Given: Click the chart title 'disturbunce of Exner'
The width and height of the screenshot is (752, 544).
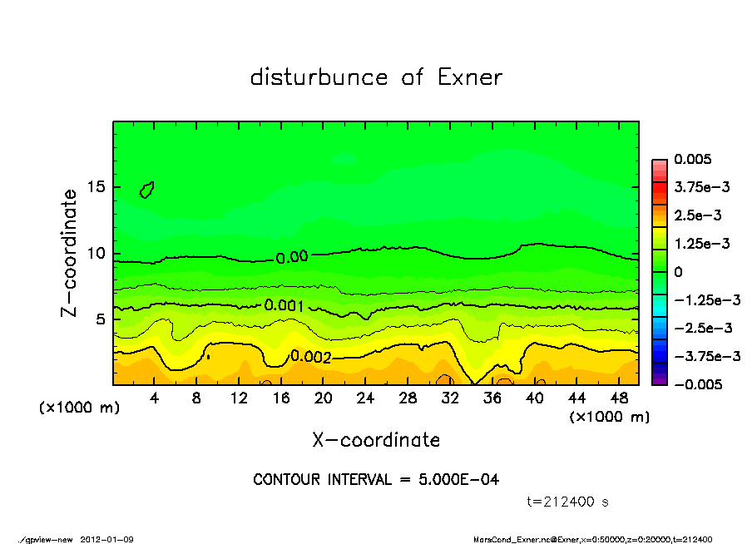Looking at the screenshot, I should click(x=376, y=78).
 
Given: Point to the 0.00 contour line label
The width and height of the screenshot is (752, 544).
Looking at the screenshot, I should click(x=291, y=257).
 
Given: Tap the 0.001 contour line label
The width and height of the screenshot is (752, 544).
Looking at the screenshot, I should click(x=283, y=305).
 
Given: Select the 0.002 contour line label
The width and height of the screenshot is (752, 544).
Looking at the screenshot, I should click(x=310, y=357).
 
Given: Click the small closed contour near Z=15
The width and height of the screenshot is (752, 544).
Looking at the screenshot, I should click(x=147, y=190).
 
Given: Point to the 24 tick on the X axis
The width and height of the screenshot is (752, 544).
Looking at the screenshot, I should click(x=365, y=398).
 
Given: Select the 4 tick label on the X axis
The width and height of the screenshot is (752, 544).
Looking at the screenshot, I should click(x=155, y=398).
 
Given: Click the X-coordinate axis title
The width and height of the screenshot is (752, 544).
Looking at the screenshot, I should click(x=376, y=440).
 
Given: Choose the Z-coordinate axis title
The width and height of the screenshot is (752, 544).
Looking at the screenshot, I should click(x=70, y=253).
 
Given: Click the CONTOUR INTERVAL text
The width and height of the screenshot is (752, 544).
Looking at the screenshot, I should click(x=376, y=480).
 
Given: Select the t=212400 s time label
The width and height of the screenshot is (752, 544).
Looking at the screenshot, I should click(x=568, y=502).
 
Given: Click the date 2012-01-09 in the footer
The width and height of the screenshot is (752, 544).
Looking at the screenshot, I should click(x=106, y=539).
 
